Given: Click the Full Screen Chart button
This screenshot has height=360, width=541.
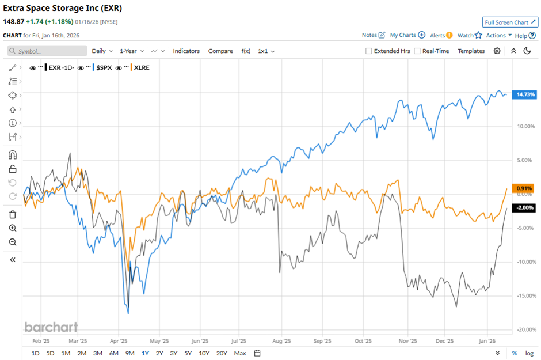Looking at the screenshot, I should [x=510, y=22].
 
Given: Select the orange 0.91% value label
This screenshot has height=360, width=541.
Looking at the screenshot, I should [x=524, y=188].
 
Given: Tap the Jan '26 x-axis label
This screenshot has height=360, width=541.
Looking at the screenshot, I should [x=488, y=340].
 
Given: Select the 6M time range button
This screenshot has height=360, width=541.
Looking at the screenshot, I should [x=113, y=353].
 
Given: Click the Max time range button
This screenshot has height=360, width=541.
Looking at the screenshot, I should [x=240, y=353].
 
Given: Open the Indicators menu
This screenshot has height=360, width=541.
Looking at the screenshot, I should [x=186, y=51].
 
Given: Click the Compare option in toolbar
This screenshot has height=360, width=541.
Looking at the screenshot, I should [x=220, y=51].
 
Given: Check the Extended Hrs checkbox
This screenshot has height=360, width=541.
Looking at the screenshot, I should [x=369, y=51].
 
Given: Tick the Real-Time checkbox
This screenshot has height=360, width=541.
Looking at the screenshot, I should [x=417, y=51].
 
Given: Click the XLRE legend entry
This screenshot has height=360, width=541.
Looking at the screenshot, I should [x=141, y=67].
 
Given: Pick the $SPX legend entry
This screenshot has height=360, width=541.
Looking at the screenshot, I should [x=104, y=67].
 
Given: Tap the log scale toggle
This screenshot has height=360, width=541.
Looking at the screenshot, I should [x=528, y=353].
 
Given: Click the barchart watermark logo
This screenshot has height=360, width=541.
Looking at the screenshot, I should [x=51, y=327].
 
